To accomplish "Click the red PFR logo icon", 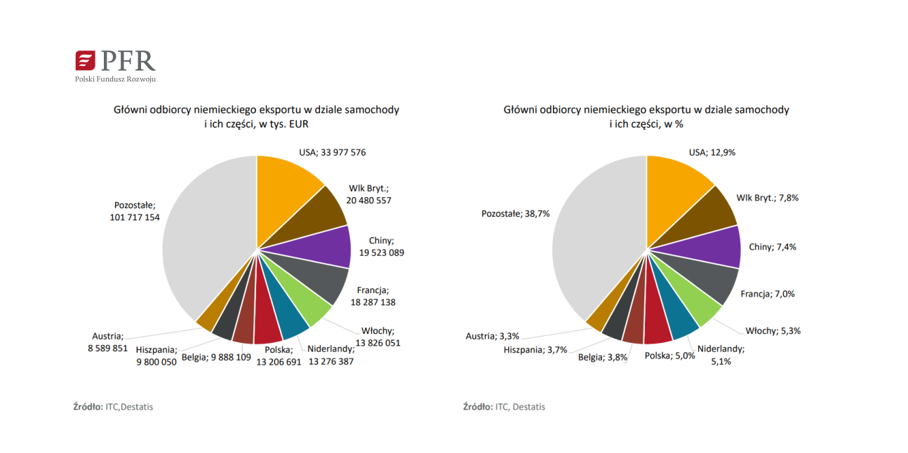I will (x=85, y=60).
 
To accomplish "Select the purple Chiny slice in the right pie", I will (x=716, y=247).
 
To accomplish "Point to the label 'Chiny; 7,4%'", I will (x=773, y=247).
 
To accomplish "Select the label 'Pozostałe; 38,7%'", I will (x=516, y=213).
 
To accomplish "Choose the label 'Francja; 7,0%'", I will (x=768, y=294).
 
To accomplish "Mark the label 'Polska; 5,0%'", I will (x=669, y=356).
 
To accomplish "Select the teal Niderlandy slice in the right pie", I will (x=681, y=318).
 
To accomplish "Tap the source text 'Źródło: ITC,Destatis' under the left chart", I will (x=113, y=407).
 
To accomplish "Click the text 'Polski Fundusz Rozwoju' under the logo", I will (x=115, y=79).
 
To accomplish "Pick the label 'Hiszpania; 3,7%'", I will (x=535, y=349).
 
